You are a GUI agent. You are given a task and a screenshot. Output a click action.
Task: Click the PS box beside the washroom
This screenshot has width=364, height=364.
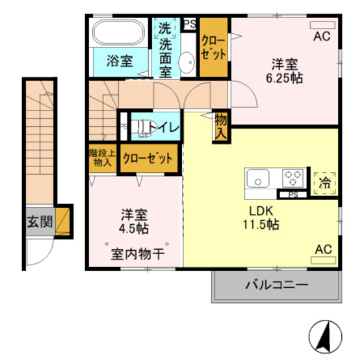189,24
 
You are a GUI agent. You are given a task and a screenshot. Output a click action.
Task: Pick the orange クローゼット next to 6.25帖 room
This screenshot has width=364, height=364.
213,47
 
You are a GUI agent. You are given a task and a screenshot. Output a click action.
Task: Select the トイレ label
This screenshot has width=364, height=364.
166,127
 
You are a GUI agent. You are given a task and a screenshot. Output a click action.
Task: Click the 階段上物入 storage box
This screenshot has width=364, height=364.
101,159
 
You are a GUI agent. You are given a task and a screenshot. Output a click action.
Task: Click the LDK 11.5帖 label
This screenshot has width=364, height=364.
263,218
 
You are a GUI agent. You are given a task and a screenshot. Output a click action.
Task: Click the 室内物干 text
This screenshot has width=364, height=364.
136,254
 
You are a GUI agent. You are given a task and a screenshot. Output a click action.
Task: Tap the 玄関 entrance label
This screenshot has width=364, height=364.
40,221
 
